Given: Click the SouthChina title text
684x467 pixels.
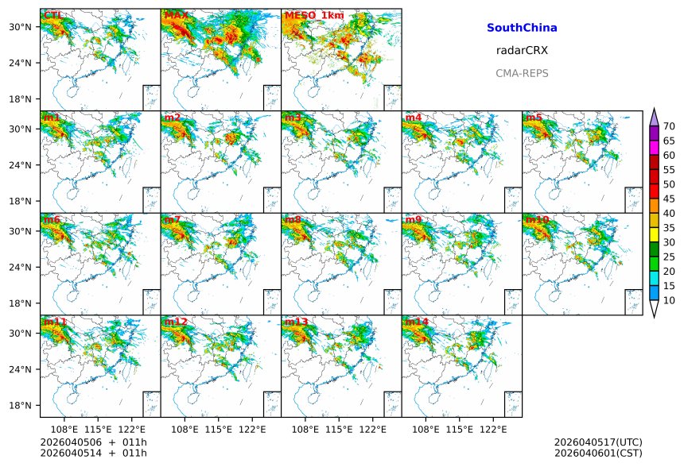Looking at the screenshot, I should click(522, 28).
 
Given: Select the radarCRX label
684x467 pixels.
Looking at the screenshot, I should click(522, 50).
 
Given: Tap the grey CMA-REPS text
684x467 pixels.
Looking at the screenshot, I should click(522, 73).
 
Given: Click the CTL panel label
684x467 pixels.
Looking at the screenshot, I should click(53, 15).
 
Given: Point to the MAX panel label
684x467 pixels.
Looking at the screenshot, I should click(177, 15).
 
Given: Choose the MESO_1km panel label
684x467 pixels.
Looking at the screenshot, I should click(309, 15).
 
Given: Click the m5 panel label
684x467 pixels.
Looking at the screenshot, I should click(533, 118).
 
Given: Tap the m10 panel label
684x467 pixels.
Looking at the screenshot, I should click(538, 219).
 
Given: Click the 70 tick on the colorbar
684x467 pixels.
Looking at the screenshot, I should click(670, 126).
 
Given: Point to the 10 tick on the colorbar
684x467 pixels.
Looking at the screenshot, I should click(670, 301).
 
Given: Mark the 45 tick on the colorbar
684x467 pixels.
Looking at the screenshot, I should click(670, 199).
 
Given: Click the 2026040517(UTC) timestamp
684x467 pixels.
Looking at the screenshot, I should click(598, 442).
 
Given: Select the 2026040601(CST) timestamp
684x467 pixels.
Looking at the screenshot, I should click(598, 453).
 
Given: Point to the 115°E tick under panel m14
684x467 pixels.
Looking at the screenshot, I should click(460, 429).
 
